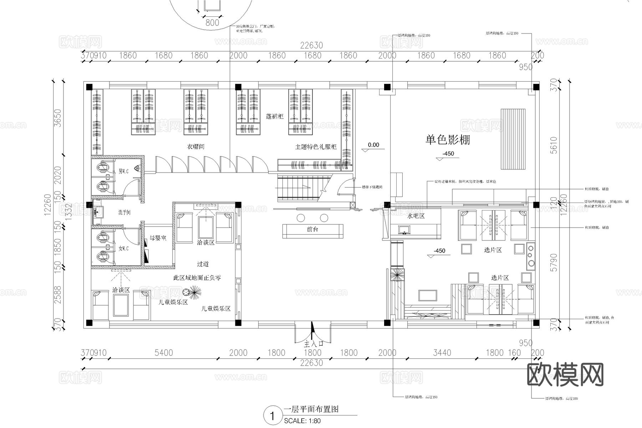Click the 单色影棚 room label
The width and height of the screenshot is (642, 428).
(448, 140)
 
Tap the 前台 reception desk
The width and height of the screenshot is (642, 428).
(312, 230)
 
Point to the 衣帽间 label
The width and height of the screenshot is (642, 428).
(195, 147)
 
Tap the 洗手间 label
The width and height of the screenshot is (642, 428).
(124, 213)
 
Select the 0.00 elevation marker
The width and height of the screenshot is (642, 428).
(373, 145)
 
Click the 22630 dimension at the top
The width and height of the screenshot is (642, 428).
(311, 45)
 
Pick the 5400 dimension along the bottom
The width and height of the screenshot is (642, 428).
(164, 353)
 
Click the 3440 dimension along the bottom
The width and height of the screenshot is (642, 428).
(442, 353)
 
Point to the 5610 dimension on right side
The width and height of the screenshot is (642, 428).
(554, 145)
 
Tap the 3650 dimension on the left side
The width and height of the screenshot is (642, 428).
(57, 118)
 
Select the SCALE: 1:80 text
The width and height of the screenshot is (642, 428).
(302, 421)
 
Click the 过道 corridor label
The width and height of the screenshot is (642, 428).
(203, 264)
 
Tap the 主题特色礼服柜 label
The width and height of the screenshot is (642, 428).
(316, 147)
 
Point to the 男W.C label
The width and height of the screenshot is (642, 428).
(123, 171)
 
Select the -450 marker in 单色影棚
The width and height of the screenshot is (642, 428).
(448, 154)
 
